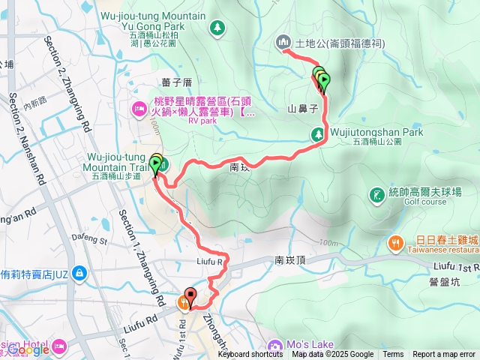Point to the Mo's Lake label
pyautogui.click(x=310, y=344)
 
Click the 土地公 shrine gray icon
pyautogui.click(x=283, y=41)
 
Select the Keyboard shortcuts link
pyautogui.click(x=251, y=355)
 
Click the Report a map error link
pyautogui.click(x=444, y=355)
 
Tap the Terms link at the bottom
pyautogui.click(x=393, y=355)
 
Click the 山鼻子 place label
pyautogui.click(x=304, y=108)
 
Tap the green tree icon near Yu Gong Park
pyautogui.click(x=217, y=28)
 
